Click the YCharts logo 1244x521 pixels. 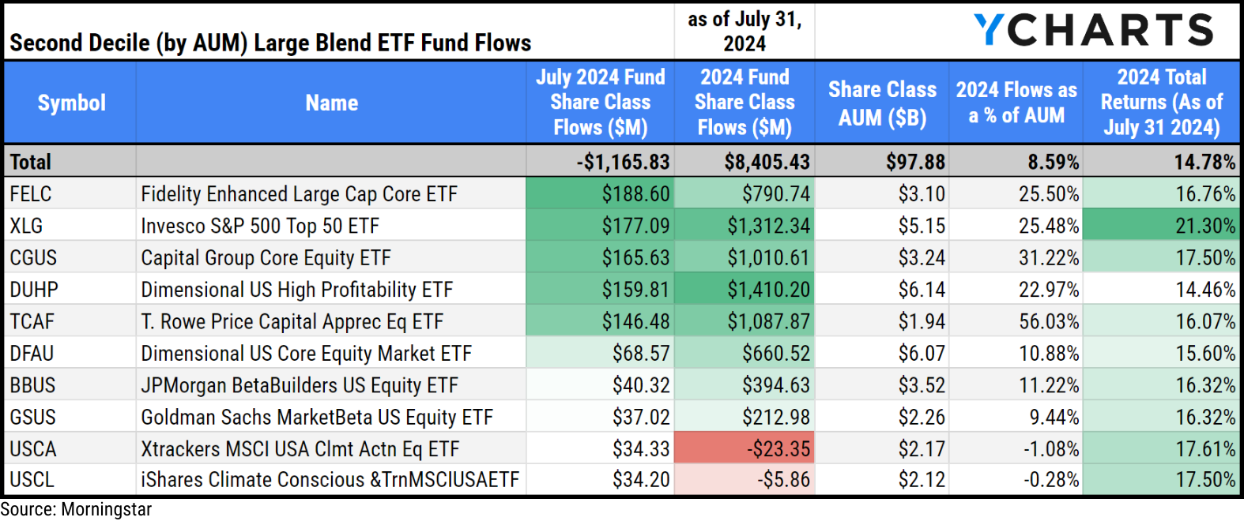click(x=1093, y=30)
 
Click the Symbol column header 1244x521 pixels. click(x=71, y=103)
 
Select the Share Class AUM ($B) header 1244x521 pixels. click(x=881, y=103)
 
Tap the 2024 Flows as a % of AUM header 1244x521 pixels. click(x=1016, y=103)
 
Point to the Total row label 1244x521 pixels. click(x=31, y=162)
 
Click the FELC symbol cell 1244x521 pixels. click(x=31, y=194)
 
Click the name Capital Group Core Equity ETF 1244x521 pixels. click(x=266, y=258)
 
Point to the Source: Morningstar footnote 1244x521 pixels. click(x=76, y=510)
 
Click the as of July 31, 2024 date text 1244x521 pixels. click(x=745, y=32)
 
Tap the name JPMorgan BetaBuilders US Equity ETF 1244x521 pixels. click(x=299, y=385)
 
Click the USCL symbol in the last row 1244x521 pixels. click(x=32, y=480)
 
